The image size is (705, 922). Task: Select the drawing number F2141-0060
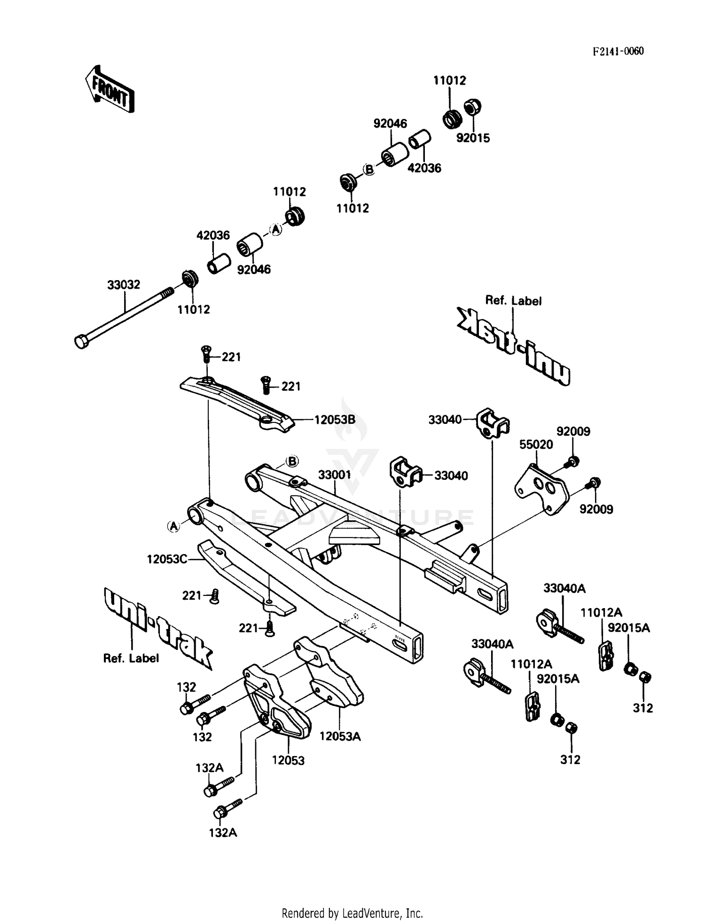618,51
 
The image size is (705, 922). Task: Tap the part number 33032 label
124,285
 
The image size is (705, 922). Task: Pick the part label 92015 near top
473,138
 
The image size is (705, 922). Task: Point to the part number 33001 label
335,475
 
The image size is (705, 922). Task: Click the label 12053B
335,420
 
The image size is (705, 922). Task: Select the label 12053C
167,559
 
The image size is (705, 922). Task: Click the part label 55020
536,444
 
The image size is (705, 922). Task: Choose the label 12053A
340,736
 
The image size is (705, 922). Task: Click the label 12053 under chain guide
288,760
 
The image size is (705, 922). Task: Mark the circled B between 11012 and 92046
369,169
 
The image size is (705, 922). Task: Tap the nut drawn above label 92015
472,108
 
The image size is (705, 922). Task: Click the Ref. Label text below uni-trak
131,658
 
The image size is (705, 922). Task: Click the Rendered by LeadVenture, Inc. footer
352,913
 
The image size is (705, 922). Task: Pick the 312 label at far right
642,708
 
